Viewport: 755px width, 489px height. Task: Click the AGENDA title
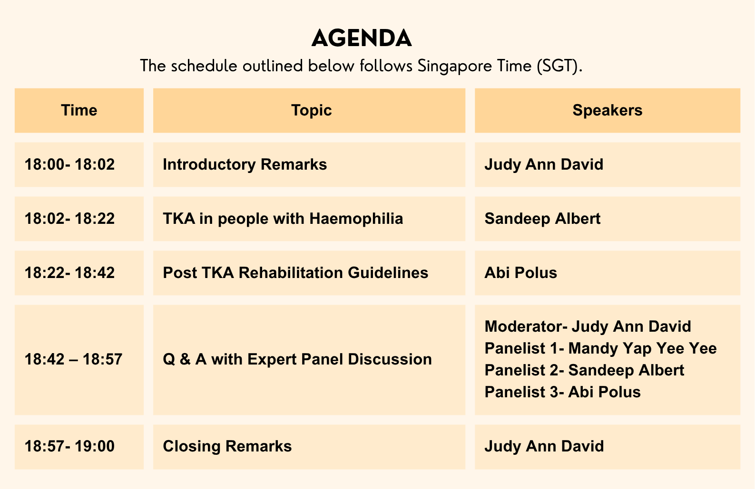point(361,38)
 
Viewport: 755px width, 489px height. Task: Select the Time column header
point(79,110)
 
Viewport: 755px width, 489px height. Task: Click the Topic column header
point(312,110)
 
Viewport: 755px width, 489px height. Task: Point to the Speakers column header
point(608,110)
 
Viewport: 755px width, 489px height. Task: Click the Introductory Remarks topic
point(245,164)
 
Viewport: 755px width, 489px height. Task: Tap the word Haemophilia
point(356,219)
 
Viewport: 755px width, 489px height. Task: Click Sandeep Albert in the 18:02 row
point(542,219)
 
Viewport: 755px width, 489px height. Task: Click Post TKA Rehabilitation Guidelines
point(295,273)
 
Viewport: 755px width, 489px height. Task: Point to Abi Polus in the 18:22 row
point(521,273)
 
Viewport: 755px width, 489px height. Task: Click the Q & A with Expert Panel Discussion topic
point(297,359)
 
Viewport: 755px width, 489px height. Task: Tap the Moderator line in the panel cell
point(588,326)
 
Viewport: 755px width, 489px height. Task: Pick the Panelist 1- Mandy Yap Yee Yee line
point(601,348)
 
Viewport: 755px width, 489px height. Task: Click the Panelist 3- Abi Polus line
point(562,392)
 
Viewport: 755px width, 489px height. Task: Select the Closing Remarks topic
point(227,446)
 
